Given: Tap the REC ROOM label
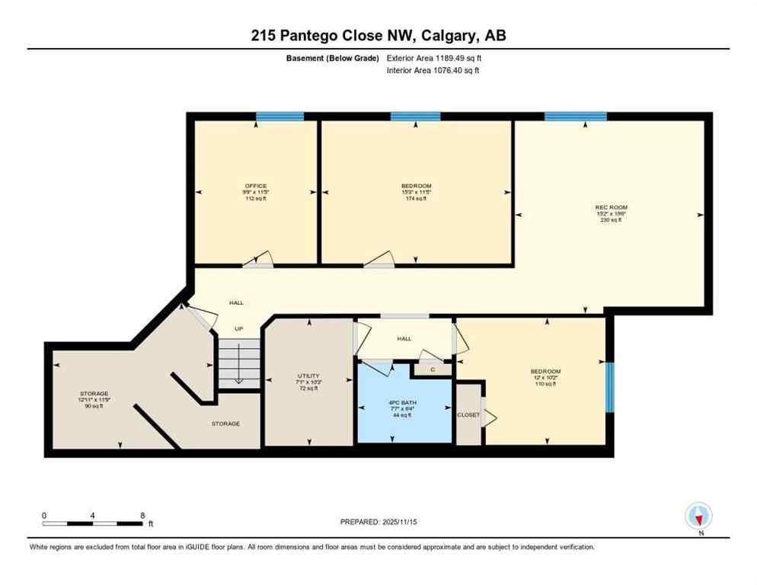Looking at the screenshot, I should (611, 206).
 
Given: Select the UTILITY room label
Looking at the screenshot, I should (309, 376).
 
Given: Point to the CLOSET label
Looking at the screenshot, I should (468, 415).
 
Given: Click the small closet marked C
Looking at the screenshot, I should (432, 369).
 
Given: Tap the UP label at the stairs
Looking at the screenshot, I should (238, 328).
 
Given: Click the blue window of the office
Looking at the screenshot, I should (279, 117).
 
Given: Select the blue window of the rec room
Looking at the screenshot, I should (575, 117).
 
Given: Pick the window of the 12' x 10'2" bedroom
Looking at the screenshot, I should (609, 387).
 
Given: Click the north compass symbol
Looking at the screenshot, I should (698, 516).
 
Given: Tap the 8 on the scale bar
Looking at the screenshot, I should (142, 516).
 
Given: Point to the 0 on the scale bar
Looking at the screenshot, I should (44, 516).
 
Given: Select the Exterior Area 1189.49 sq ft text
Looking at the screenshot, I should (434, 58).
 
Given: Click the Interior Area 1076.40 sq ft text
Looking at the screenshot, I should (433, 71).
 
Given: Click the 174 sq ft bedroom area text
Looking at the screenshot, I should (416, 199).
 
